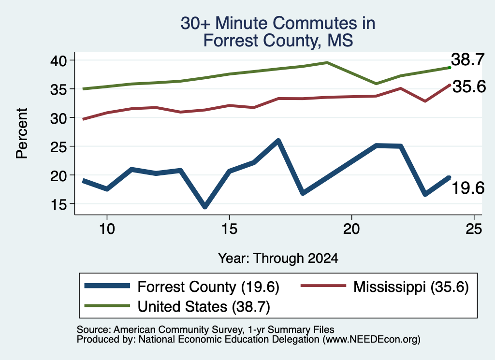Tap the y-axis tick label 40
(x=58, y=60)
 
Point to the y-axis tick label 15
(x=58, y=204)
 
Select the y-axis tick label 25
(x=58, y=147)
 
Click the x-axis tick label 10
(x=107, y=229)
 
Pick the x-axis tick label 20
(x=351, y=229)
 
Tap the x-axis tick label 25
(x=474, y=229)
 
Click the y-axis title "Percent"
(x=22, y=133)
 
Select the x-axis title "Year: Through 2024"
(x=278, y=259)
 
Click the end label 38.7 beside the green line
(x=467, y=59)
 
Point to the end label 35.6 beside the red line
(x=469, y=86)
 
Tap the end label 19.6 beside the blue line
(x=468, y=188)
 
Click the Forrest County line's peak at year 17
(x=278, y=141)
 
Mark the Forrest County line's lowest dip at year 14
(x=205, y=206)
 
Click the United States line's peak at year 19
(x=327, y=62)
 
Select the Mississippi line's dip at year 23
(x=425, y=101)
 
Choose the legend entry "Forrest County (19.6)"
(x=182, y=287)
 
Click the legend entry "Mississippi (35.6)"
(x=384, y=287)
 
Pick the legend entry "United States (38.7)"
(x=177, y=306)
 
